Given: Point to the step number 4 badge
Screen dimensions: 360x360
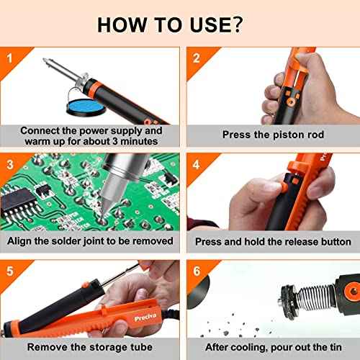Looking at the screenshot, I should pos(196,163).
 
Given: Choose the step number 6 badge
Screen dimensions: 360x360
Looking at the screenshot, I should pos(196,271).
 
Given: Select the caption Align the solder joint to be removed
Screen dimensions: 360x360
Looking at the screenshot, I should pos(90,241).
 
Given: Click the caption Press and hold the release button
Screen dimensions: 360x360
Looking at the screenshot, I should pos(273,242).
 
